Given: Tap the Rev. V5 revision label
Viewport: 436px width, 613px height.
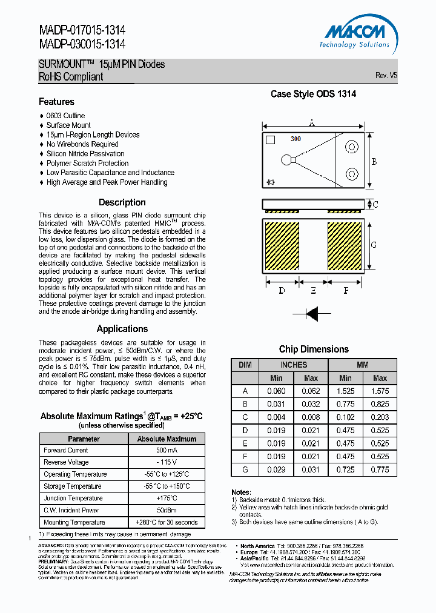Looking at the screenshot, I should pos(386,76).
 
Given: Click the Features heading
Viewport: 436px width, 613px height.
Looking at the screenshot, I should pos(56,102).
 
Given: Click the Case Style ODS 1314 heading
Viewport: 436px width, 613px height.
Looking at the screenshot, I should pos(313,94).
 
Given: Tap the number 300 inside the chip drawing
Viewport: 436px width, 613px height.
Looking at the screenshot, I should pos(296,139).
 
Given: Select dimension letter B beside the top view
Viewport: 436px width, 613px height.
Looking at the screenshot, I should pos(374,162).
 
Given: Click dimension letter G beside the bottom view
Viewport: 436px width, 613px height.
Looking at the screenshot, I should pos(374,245).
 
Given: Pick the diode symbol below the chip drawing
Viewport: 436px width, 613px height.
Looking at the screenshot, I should pos(312,313).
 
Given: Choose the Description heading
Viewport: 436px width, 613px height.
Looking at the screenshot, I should pos(122,202).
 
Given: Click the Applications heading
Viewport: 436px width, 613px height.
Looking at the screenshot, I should pos(122,329).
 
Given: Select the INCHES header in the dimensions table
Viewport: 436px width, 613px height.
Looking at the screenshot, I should pos(293,365).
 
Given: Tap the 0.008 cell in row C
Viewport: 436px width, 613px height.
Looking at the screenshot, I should pos(310,417).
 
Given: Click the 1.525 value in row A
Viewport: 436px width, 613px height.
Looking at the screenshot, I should pos(345,391).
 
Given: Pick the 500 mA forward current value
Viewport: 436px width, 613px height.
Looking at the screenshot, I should pos(167,451).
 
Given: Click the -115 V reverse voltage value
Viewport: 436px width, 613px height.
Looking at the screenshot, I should pos(167,462).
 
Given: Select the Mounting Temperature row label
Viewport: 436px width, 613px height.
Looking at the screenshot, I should pos(74,522).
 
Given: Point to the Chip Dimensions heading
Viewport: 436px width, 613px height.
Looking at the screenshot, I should pos(314,350).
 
